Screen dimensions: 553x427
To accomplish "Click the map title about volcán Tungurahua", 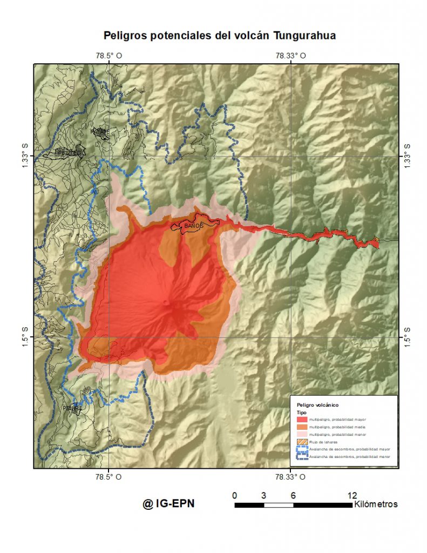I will tap(219, 36).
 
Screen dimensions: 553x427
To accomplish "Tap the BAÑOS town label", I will tap(193, 225).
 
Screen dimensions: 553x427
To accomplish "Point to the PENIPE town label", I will tap(72, 408).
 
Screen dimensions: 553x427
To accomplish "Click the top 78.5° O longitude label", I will tap(109, 55).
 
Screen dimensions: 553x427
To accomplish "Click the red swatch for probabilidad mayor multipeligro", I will tap(302, 419).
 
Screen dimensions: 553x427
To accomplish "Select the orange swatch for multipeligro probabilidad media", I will tap(302, 427).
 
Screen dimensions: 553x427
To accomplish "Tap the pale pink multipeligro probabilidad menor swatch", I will tap(302, 434).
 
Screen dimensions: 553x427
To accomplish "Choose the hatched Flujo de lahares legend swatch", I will tap(302, 442).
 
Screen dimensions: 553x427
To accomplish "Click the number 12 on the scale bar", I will tap(352, 495).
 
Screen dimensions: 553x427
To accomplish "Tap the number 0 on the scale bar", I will tap(234, 495).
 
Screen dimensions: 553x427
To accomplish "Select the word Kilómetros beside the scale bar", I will tap(376, 504).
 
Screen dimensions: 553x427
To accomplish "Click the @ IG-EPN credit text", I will tap(168, 504).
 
